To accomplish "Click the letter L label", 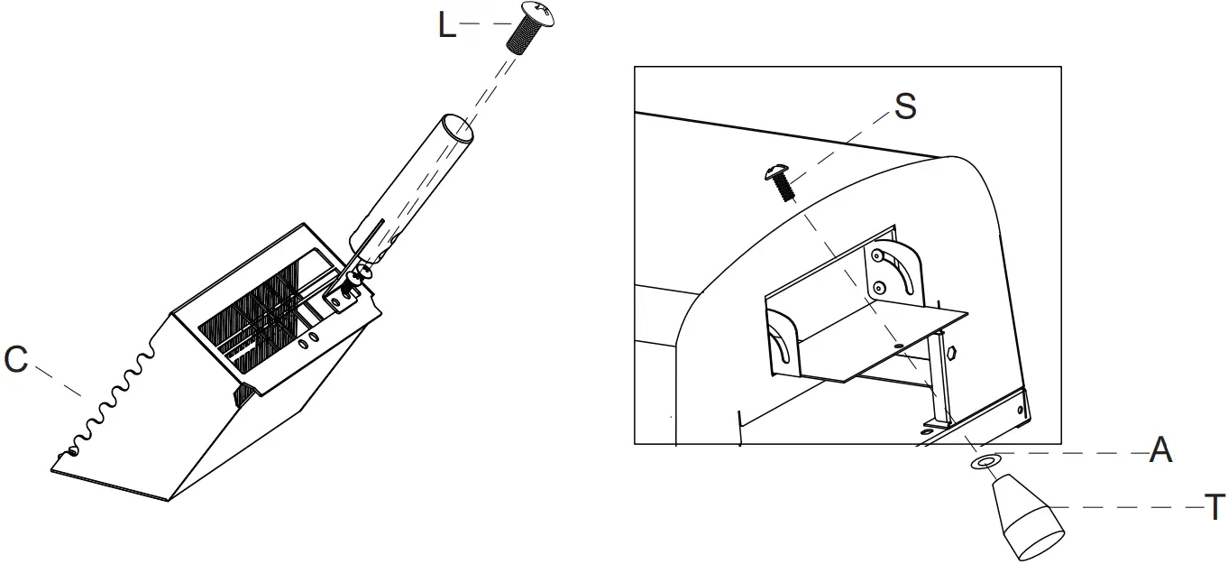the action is pyautogui.click(x=447, y=25).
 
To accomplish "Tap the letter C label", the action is pyautogui.click(x=15, y=359).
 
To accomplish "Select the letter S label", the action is pyautogui.click(x=905, y=106).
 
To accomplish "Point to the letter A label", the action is pyautogui.click(x=1160, y=450).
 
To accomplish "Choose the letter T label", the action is pyautogui.click(x=1214, y=507).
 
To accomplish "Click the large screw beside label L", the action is pyautogui.click(x=528, y=27).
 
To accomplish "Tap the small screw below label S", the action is pyautogui.click(x=781, y=181).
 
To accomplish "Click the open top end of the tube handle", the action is pyautogui.click(x=458, y=127).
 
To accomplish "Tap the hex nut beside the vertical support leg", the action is pyautogui.click(x=951, y=352).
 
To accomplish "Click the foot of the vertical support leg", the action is pyautogui.click(x=937, y=422).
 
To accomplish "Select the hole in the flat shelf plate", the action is pyautogui.click(x=898, y=347).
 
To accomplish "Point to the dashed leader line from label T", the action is pyautogui.click(x=1125, y=507).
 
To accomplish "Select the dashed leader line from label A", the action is pyautogui.click(x=1072, y=453).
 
